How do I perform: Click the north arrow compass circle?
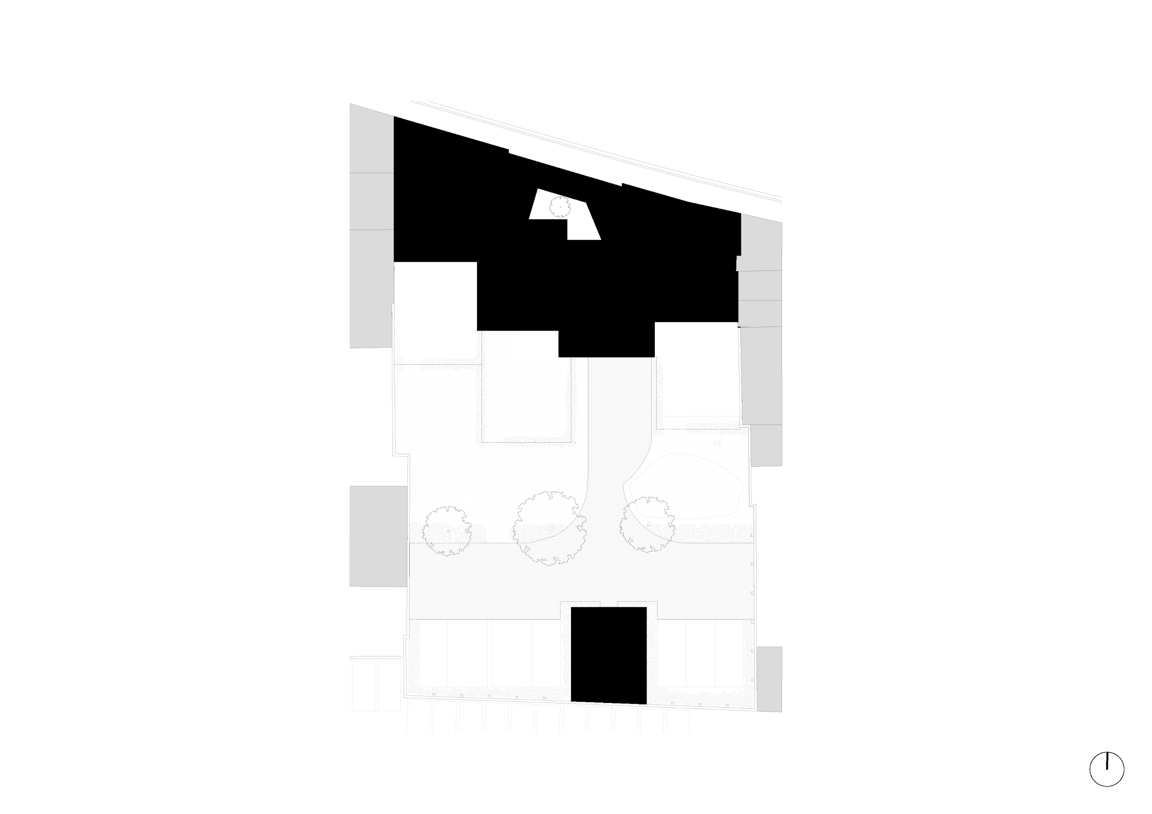pyautogui.click(x=1106, y=783)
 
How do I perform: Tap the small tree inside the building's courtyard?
pyautogui.click(x=559, y=206)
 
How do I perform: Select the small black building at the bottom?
pyautogui.click(x=609, y=655)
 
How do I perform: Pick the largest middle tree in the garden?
pyautogui.click(x=549, y=528)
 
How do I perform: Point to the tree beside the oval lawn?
pyautogui.click(x=647, y=524)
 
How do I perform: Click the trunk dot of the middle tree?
pyautogui.click(x=551, y=527)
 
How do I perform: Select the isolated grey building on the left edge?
pyautogui.click(x=378, y=536)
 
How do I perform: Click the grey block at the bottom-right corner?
pyautogui.click(x=769, y=679)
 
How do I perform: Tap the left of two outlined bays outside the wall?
pyautogui.click(x=363, y=685)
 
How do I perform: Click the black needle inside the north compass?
pyautogui.click(x=1106, y=775)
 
